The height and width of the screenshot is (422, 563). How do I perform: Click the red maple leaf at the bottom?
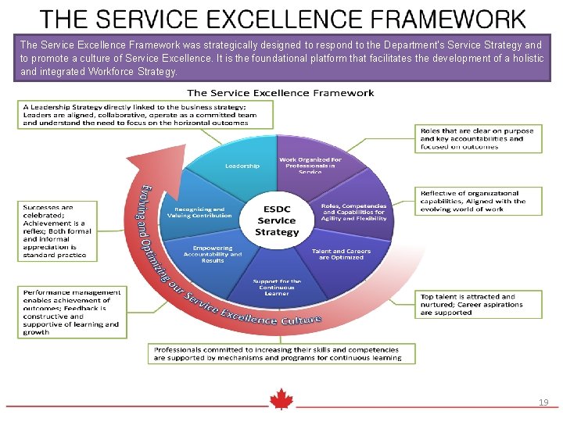[281, 400]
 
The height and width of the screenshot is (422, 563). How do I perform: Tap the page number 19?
[543, 402]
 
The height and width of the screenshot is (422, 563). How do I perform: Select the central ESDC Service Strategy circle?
[277, 221]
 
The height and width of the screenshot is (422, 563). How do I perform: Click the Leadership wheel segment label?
[242, 166]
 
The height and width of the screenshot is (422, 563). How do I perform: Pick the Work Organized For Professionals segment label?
[310, 166]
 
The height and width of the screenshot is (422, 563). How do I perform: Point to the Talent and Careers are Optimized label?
[341, 254]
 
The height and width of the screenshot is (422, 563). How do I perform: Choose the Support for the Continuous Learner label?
[277, 287]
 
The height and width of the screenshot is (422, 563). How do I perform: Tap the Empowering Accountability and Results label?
[213, 254]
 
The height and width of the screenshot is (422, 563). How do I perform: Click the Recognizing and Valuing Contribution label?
[199, 213]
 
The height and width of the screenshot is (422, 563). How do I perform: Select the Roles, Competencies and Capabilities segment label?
[353, 212]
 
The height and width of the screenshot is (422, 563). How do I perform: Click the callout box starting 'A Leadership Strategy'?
[146, 114]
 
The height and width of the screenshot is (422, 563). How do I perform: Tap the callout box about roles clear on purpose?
[478, 138]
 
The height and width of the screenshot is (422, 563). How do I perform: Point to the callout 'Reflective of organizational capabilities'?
[478, 202]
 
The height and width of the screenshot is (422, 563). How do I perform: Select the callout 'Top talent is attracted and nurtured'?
[478, 305]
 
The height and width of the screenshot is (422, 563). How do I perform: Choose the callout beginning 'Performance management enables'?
[72, 312]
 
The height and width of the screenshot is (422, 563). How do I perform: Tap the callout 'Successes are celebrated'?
[56, 231]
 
